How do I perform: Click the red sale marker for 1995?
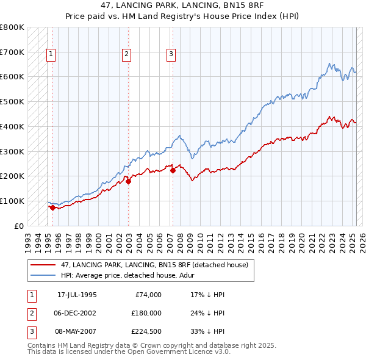(52, 207)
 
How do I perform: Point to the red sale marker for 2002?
(128, 181)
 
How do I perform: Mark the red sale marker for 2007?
(173, 170)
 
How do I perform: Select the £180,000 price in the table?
(146, 313)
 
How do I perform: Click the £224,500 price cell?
(146, 331)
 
